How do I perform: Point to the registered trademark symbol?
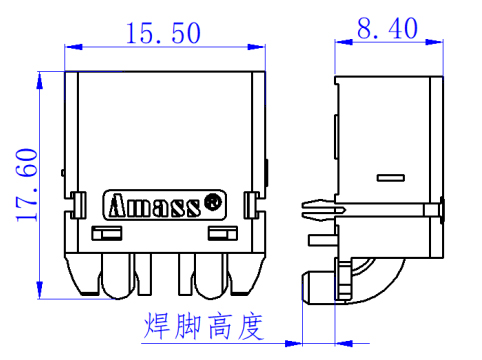coord(212,201)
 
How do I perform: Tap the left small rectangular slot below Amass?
coord(105,234)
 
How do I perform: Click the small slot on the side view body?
coord(390,177)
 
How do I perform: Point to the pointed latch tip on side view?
coord(304,208)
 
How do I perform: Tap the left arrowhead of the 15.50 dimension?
coord(71,45)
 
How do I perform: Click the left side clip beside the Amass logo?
coord(77,205)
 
